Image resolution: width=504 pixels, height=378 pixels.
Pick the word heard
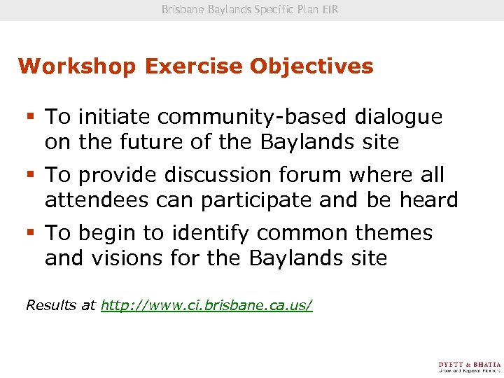click(428, 200)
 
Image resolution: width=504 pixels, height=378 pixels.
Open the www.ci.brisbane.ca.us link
click(206, 305)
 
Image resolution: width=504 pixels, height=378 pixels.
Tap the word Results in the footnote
click(50, 305)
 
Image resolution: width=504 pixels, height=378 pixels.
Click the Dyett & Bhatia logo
click(469, 367)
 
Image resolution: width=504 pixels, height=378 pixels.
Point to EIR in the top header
click(330, 10)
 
